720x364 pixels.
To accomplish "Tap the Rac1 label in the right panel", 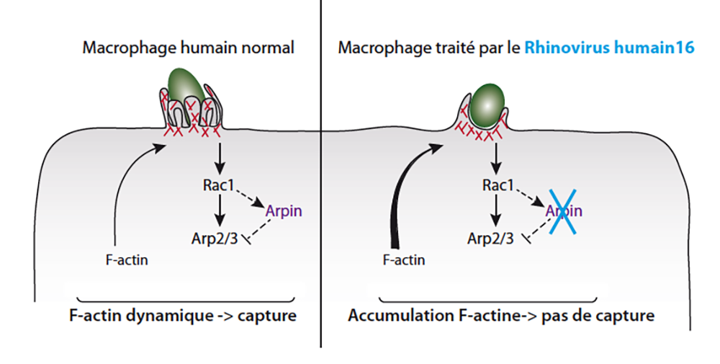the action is coord(498,185).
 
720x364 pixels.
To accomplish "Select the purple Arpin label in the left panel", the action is coord(284,211).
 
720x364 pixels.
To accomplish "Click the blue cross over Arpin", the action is coord(564,213).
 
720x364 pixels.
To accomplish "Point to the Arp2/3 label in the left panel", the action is coord(215,239).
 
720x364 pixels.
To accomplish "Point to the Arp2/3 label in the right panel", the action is coord(490,239).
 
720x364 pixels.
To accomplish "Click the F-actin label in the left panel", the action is coord(127,260).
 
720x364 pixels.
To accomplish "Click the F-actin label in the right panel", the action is coord(404,260).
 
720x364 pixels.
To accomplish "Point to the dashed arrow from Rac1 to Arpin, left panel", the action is coord(249,197).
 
